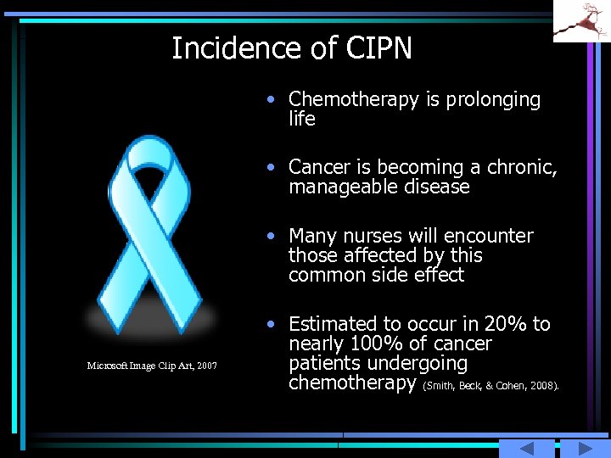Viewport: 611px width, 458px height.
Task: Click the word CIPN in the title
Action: pyautogui.click(x=378, y=48)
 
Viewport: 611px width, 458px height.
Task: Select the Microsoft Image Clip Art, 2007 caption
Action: pyautogui.click(x=152, y=366)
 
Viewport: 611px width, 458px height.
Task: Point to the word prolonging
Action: pyautogui.click(x=493, y=100)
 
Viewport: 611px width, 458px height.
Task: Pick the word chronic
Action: pyautogui.click(x=524, y=167)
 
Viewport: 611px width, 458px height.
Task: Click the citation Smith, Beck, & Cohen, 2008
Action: pyautogui.click(x=490, y=385)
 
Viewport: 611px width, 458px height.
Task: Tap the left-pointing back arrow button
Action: pyautogui.click(x=526, y=449)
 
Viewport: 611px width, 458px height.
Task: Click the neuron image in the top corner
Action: pyautogui.click(x=581, y=20)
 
